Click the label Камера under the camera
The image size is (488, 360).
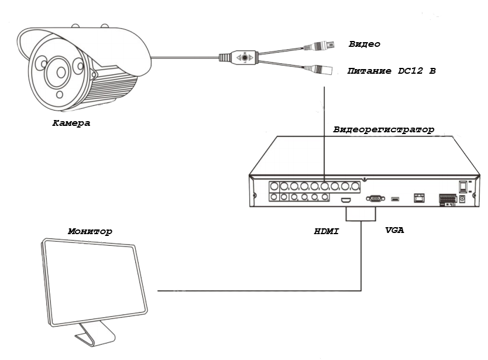[x=71, y=123]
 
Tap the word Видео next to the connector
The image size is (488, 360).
[x=365, y=44]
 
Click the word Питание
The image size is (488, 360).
[x=369, y=71]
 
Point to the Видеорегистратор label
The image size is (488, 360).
[x=384, y=129]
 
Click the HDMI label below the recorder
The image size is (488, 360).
[x=327, y=231]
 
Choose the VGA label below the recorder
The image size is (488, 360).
[x=394, y=230]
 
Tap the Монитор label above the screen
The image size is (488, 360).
[x=90, y=231]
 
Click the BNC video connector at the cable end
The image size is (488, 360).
[x=319, y=46]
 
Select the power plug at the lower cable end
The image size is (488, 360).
[x=318, y=70]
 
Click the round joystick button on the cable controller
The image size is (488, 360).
[x=245, y=57]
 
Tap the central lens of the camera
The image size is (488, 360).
[x=61, y=72]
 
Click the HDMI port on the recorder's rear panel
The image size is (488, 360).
[x=346, y=200]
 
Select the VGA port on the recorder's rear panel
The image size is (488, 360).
[x=375, y=198]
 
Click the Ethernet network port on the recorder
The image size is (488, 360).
[x=419, y=198]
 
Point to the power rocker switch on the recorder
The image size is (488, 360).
[x=463, y=187]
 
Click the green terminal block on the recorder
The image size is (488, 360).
[x=448, y=198]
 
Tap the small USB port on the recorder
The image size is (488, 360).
[x=395, y=198]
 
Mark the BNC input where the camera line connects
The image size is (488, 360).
[x=325, y=187]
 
